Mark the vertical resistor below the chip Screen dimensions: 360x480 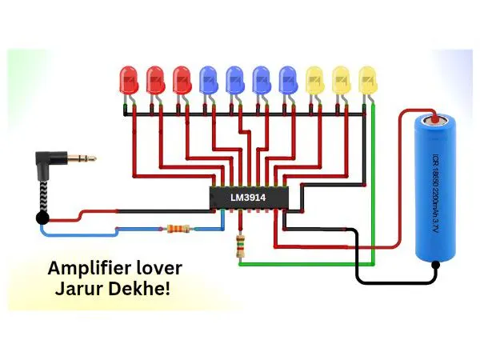[239, 246]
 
